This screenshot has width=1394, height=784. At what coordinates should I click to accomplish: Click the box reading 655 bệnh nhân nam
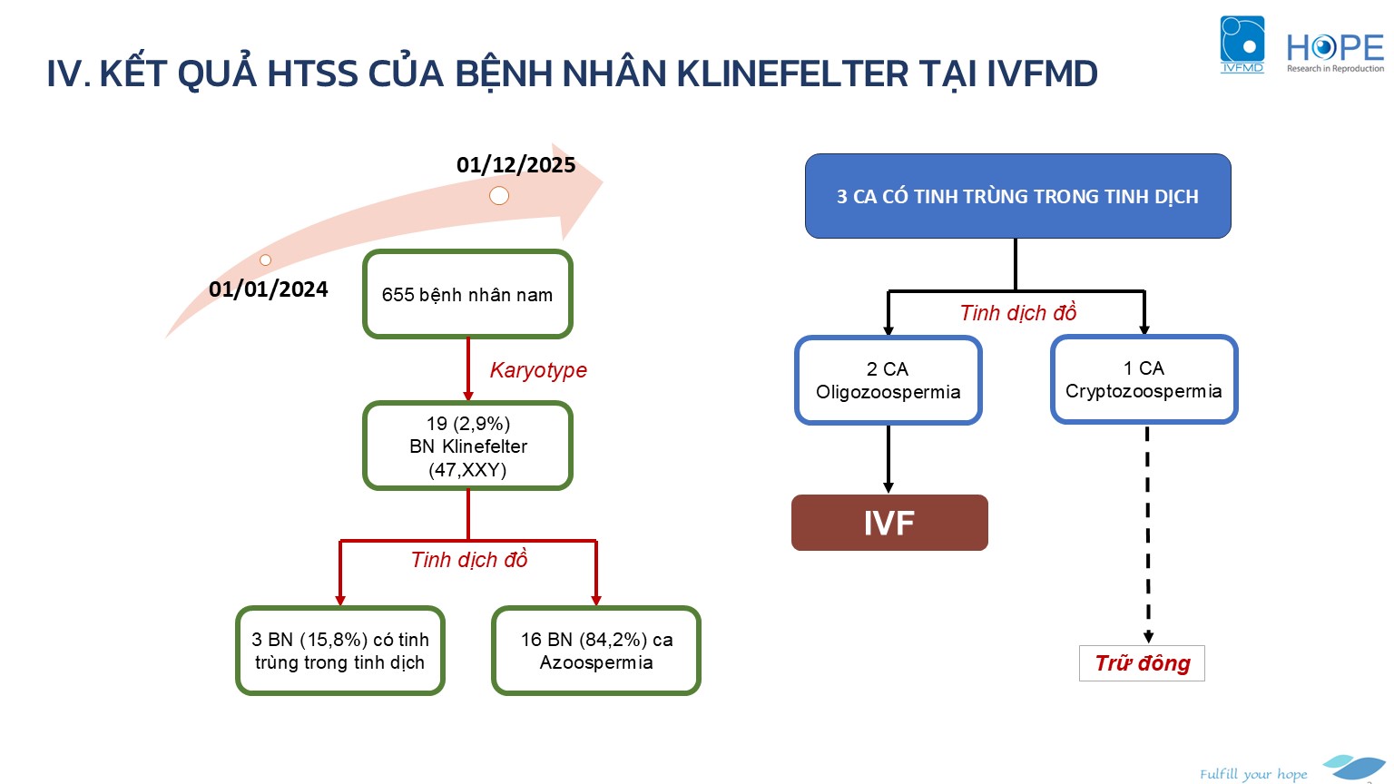coord(467,295)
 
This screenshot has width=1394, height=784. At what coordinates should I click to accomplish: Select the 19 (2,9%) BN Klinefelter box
coord(467,446)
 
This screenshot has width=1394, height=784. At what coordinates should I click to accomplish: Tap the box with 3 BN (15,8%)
coord(340,651)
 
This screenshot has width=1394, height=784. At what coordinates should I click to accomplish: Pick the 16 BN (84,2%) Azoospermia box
coord(596,651)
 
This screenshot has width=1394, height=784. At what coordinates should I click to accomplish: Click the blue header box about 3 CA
coord(1017,196)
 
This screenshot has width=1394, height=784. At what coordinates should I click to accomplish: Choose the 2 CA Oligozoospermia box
coord(888,380)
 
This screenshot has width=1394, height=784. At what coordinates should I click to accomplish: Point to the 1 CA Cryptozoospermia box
coord(1144,379)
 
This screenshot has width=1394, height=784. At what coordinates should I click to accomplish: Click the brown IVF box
coord(889,523)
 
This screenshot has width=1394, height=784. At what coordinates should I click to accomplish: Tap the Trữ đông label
coord(1142,663)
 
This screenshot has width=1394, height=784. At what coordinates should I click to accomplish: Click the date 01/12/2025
coord(515,165)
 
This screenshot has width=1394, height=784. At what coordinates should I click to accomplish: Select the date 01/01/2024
coord(269,289)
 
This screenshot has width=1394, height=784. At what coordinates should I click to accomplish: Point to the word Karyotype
coord(538,370)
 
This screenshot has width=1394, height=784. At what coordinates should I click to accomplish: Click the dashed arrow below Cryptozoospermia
coord(1148,535)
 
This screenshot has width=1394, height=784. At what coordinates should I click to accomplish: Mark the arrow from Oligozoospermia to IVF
coord(888,459)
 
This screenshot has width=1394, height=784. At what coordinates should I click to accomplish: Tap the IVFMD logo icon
coord(1242,43)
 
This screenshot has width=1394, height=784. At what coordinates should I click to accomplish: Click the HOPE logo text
coord(1335,48)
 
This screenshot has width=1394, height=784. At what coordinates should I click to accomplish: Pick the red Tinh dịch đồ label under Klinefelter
coord(469,560)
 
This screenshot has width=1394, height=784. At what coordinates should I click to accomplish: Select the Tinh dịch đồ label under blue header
coord(1017,313)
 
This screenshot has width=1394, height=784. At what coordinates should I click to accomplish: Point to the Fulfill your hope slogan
coord(1253,774)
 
